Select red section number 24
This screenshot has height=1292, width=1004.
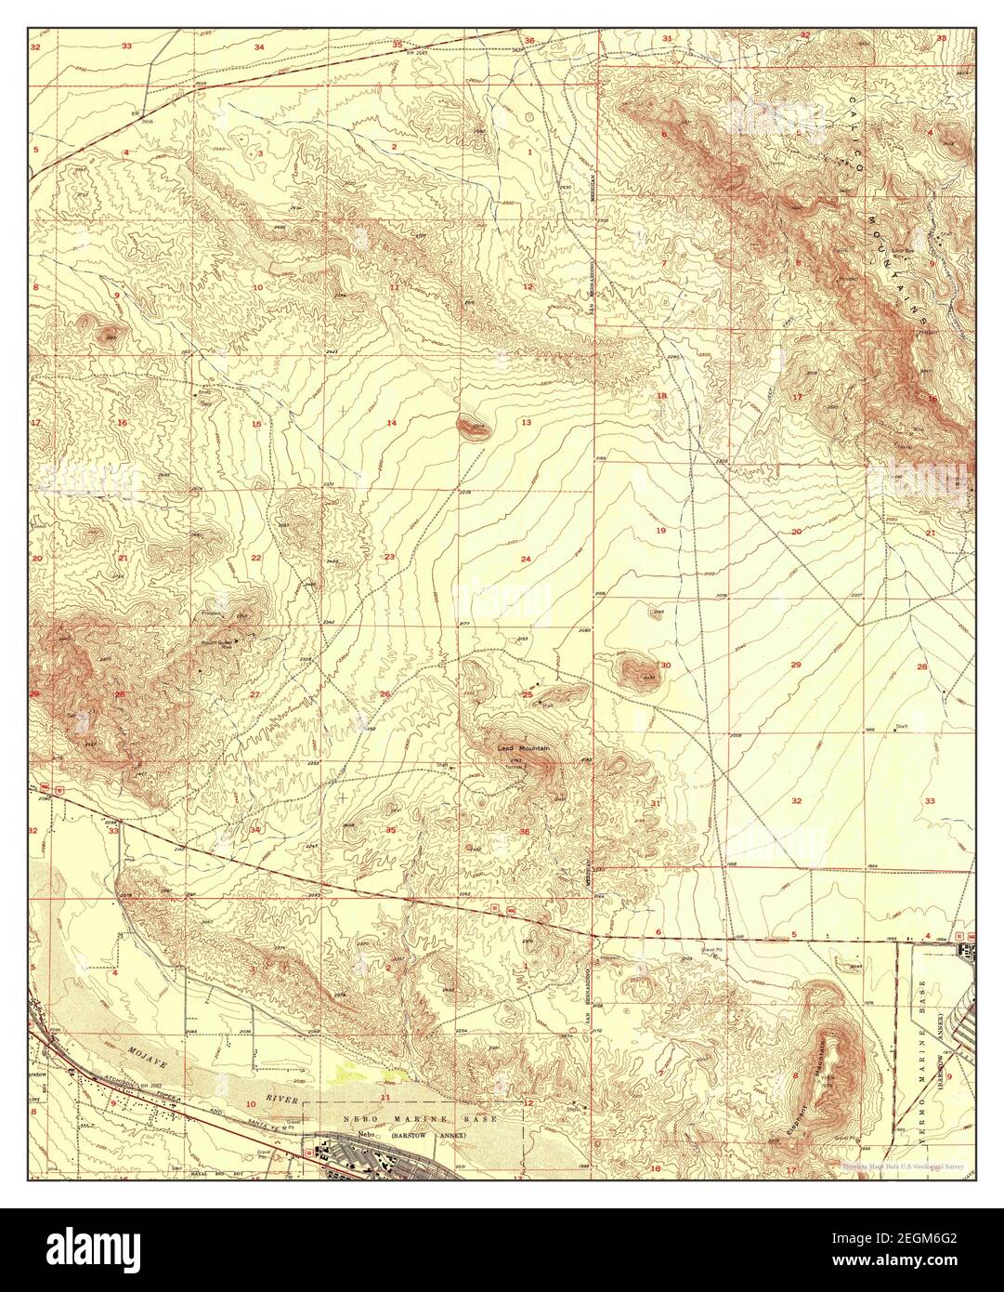(x=526, y=559)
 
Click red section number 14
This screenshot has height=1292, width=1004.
(x=392, y=423)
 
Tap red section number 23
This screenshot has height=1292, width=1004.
(x=389, y=557)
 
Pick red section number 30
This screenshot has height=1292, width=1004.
(x=665, y=665)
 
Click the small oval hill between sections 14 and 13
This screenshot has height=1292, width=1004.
(x=473, y=427)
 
